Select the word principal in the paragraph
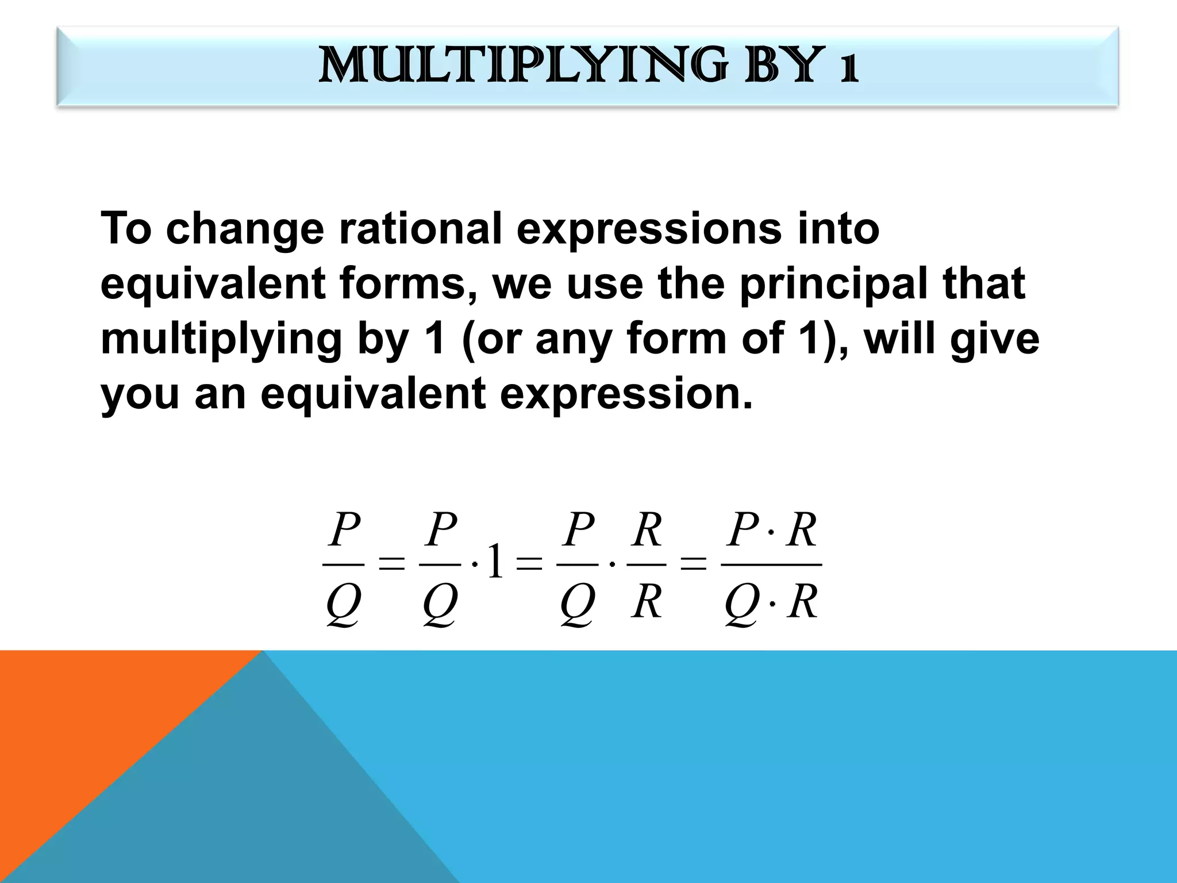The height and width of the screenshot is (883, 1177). click(833, 284)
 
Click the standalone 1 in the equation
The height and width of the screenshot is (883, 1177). click(494, 565)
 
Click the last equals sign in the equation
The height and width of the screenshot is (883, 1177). click(693, 565)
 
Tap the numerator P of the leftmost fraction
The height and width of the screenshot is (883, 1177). click(344, 530)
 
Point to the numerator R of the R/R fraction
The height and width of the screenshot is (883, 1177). click(647, 530)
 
